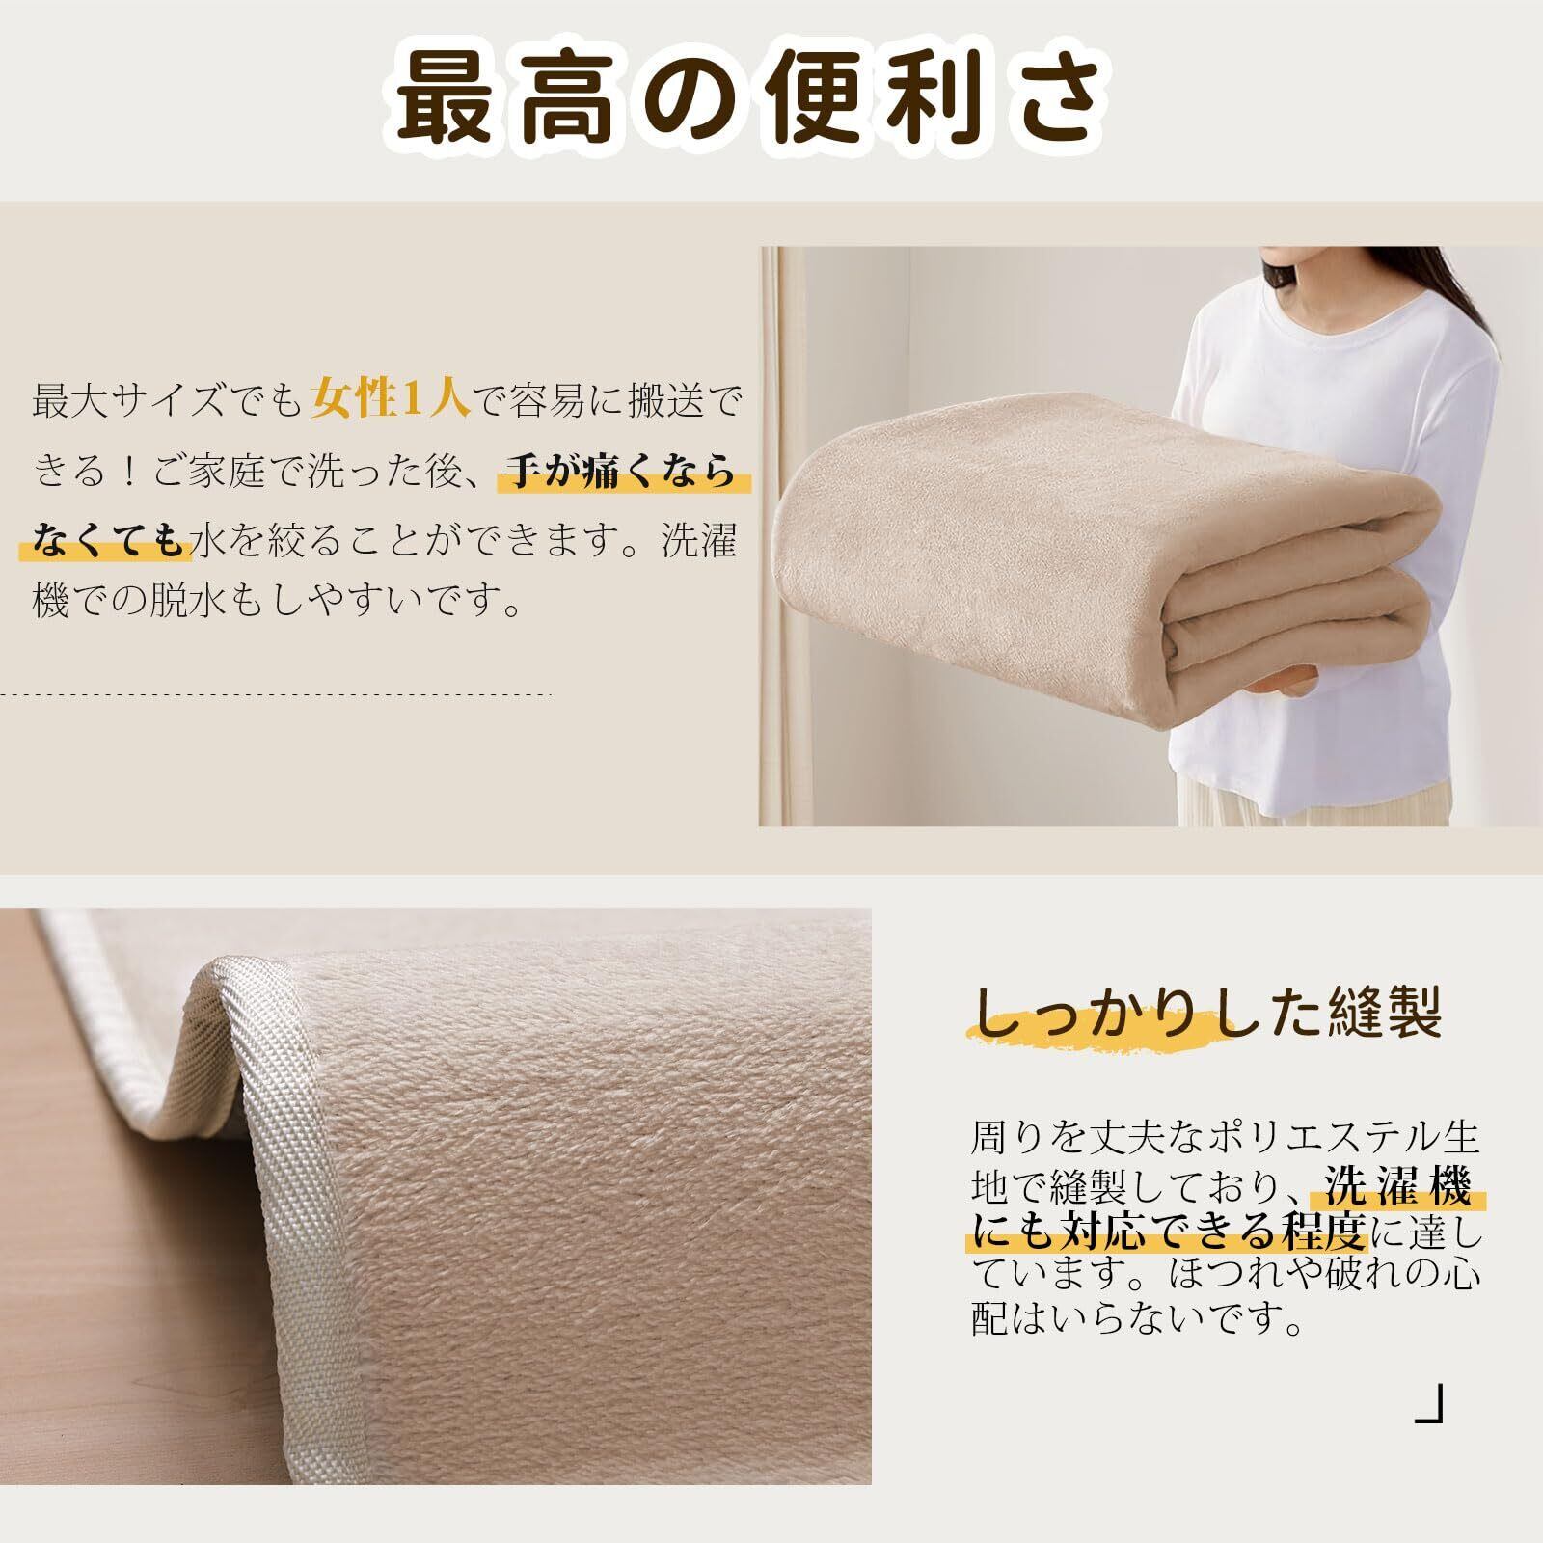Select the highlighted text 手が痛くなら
pos(622,474)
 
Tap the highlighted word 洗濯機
pos(1398,1187)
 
